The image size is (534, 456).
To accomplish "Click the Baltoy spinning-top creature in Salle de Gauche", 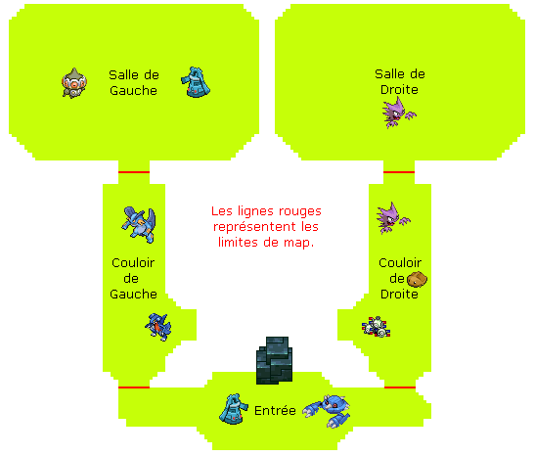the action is coord(74,83).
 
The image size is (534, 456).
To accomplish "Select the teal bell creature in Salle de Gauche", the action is coord(196,82).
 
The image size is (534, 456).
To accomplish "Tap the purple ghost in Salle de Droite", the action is coord(399,113).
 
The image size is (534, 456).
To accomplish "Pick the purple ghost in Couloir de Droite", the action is coord(393,218).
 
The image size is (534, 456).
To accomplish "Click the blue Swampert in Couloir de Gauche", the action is coord(139,225).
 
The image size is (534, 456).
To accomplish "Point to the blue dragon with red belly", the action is coord(158,327).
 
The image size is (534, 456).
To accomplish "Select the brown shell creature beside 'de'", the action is coord(417,279).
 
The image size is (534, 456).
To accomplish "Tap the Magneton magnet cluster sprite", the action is coord(377,327).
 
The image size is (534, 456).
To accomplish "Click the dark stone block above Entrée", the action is coord(274,360).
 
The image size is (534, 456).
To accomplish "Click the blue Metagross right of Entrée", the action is coord(327,411).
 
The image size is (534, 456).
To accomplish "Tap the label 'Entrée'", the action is coord(275,411).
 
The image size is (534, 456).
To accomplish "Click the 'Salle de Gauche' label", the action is coord(134,83).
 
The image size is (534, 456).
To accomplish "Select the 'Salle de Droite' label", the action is coord(400,82).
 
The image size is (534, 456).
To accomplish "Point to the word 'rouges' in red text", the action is coord(300,211).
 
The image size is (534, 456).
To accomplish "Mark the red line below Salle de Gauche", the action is coord(134,172).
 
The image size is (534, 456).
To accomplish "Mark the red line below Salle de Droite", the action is coord(399,172).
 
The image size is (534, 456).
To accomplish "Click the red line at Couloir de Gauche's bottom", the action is coord(134,388).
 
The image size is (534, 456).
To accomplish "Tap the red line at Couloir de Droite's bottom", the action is coord(400,388).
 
